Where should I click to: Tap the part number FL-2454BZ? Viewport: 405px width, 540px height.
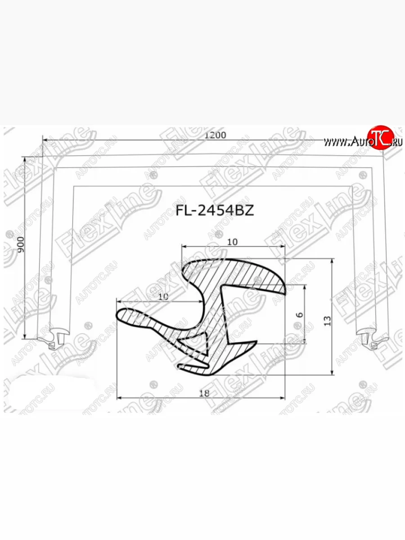pyautogui.click(x=214, y=211)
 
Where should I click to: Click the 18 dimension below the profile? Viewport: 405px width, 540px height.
pyautogui.click(x=204, y=393)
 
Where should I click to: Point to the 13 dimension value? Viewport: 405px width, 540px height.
pyautogui.click(x=327, y=320)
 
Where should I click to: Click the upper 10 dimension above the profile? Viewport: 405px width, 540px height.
pyautogui.click(x=232, y=242)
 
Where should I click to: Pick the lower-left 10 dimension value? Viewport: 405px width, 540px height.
pyautogui.click(x=164, y=296)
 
